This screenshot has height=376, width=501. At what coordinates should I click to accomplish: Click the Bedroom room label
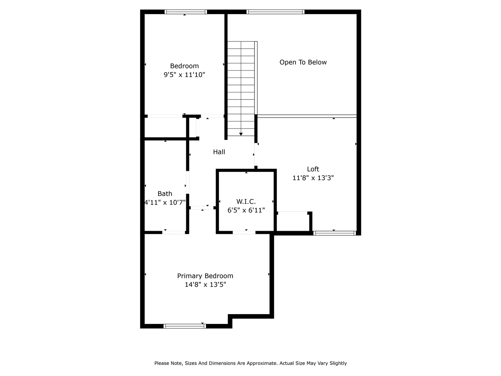pyautogui.click(x=184, y=66)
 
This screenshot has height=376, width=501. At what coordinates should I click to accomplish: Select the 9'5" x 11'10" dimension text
pyautogui.click(x=184, y=74)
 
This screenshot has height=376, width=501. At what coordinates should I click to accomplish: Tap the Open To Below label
pyautogui.click(x=303, y=62)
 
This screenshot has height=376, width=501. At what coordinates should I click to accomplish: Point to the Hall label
pyautogui.click(x=219, y=152)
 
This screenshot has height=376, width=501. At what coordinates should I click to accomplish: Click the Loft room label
pyautogui.click(x=313, y=169)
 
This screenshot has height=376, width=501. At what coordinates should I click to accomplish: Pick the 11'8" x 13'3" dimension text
pyautogui.click(x=313, y=177)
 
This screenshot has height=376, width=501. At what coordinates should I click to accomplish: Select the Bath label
pyautogui.click(x=165, y=193)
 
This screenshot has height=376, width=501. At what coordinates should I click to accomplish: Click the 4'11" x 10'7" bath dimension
pyautogui.click(x=165, y=202)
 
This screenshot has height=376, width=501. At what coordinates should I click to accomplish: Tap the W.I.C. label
pyautogui.click(x=246, y=201)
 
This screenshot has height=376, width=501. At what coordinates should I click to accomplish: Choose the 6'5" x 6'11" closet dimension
pyautogui.click(x=246, y=210)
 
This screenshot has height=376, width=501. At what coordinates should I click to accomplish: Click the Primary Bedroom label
pyautogui.click(x=205, y=276)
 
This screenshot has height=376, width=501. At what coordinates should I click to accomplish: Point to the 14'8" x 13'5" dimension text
pyautogui.click(x=205, y=284)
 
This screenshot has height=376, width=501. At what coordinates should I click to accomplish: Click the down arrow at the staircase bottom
pyautogui.click(x=241, y=134)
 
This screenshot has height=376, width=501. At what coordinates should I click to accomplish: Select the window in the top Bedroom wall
pyautogui.click(x=186, y=12)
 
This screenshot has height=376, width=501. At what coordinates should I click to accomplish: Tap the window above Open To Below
pyautogui.click(x=275, y=12)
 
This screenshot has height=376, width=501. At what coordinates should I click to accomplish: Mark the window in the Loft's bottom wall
pyautogui.click(x=334, y=233)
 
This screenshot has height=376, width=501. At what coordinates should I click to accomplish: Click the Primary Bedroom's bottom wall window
pyautogui.click(x=184, y=326)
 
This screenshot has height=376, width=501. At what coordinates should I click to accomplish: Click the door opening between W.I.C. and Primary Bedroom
pyautogui.click(x=244, y=232)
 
